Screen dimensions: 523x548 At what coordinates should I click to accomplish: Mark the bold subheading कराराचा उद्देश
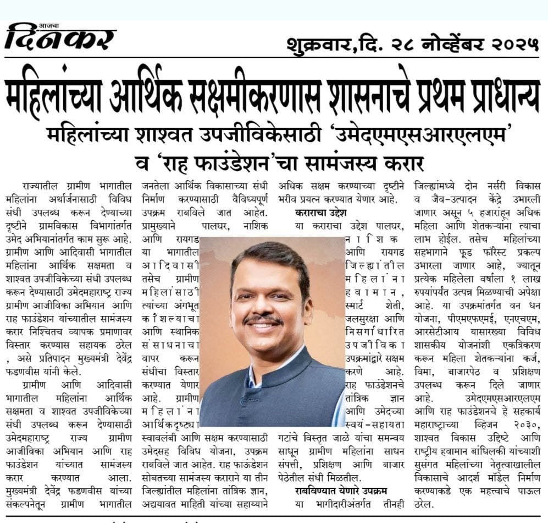320,213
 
